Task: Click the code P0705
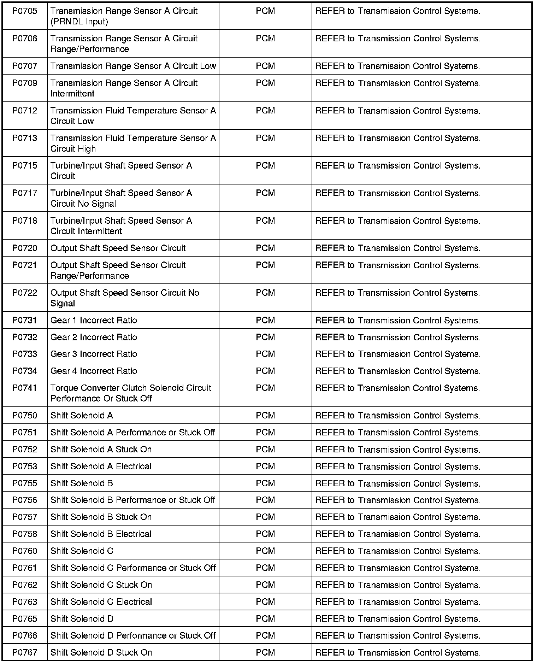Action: [x=25, y=11]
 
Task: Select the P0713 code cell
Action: [x=25, y=138]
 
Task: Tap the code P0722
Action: [x=25, y=293]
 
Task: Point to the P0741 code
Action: [x=25, y=388]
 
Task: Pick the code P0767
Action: [x=25, y=652]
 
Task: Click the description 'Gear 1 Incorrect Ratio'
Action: [x=94, y=321]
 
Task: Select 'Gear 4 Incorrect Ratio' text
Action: [x=94, y=371]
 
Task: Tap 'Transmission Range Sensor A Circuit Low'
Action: [x=133, y=66]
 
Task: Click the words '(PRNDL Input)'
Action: [x=79, y=22]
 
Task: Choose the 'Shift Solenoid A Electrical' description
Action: [x=101, y=467]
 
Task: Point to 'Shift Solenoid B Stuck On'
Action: [x=101, y=517]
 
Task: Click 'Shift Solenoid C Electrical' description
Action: [x=101, y=602]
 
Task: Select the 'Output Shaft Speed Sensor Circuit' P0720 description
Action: [x=118, y=248]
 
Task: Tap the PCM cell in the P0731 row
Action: [x=265, y=321]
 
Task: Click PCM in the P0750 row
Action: [x=265, y=416]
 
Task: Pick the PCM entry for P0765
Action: [x=265, y=619]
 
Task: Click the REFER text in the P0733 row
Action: [x=330, y=354]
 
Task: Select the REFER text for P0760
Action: [x=330, y=551]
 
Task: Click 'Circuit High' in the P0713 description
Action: [x=73, y=149]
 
